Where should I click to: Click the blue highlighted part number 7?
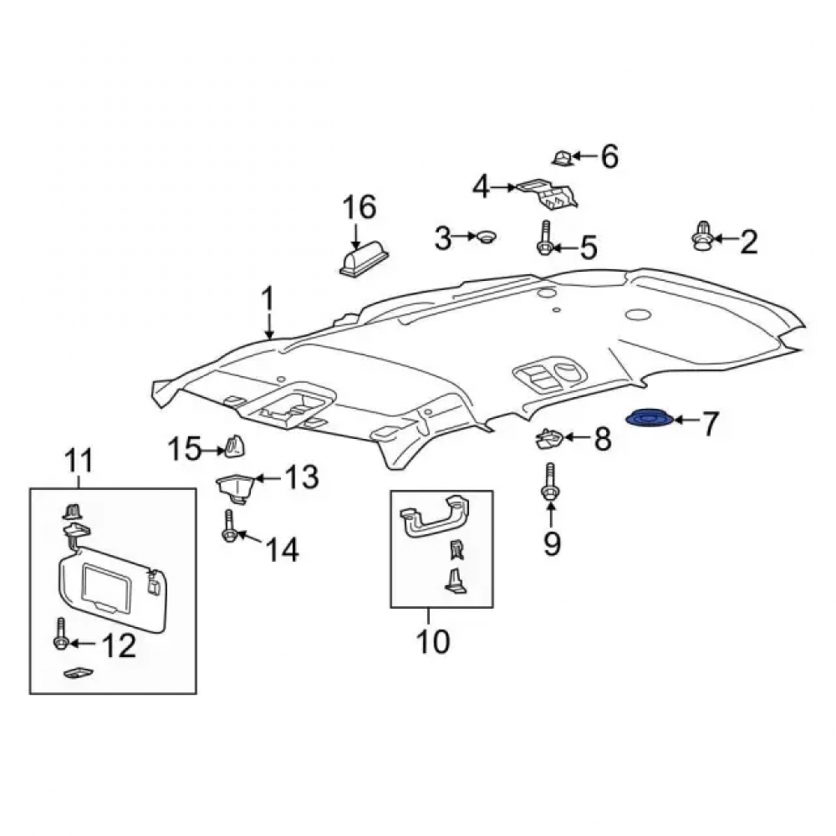click(650, 419)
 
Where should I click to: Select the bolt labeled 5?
click(544, 239)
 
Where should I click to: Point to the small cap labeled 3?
click(485, 237)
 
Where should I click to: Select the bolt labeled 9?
click(550, 482)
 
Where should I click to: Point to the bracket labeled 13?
click(234, 488)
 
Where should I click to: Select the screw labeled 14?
click(229, 527)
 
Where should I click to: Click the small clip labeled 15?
click(234, 446)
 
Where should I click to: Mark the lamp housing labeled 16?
click(364, 259)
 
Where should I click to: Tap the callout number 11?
click(79, 461)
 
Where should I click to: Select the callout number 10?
click(433, 641)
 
